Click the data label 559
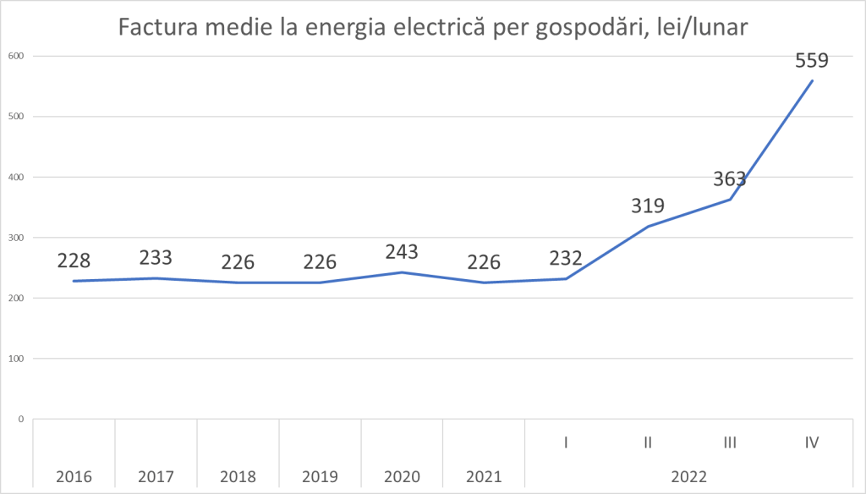pos(812,61)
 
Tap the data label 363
pos(730,178)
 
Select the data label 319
pos(648,206)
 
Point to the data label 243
pos(402,252)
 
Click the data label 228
pos(74,261)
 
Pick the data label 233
pos(156,258)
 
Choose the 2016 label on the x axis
pos(74,476)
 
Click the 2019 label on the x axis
pos(320,476)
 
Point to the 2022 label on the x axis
pos(689,476)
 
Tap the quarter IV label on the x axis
pos(812,442)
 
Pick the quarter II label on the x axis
pos(648,442)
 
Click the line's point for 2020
pos(402,272)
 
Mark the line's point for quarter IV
pos(812,81)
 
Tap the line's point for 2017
pos(156,278)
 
